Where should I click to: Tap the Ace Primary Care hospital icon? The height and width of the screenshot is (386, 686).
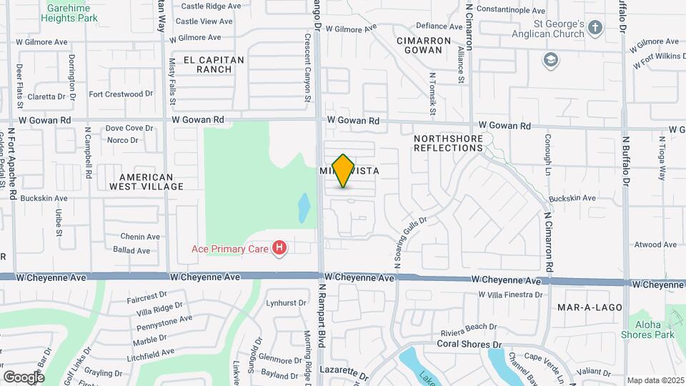[280, 248]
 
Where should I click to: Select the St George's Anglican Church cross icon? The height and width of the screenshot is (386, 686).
[596, 27]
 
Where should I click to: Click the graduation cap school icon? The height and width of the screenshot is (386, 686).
[550, 59]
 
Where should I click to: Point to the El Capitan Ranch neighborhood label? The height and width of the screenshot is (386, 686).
[214, 64]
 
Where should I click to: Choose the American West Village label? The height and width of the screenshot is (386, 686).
[146, 182]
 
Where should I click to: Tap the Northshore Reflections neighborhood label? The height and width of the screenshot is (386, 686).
[448, 142]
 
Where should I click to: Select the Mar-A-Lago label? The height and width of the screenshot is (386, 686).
[590, 307]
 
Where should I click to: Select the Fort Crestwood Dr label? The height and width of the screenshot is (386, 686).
[121, 94]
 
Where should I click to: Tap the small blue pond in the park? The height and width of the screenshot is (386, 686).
[304, 207]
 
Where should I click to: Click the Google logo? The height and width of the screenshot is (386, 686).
[24, 377]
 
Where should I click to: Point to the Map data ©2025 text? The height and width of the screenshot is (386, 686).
[655, 380]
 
